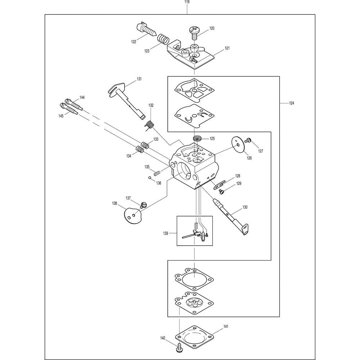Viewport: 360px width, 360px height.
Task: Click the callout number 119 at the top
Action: click(x=187, y=2)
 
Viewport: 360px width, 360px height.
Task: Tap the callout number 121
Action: click(x=227, y=48)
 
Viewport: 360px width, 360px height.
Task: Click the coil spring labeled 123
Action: click(x=163, y=39)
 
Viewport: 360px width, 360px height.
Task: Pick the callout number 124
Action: click(x=291, y=103)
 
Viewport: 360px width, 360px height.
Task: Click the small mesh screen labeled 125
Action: click(x=197, y=139)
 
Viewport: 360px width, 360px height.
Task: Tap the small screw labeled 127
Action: click(x=248, y=140)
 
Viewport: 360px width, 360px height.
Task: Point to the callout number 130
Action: click(x=245, y=207)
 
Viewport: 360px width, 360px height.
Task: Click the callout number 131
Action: click(x=139, y=79)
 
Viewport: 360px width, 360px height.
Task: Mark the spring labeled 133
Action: click(x=144, y=145)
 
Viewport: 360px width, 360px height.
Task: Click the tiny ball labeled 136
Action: click(x=149, y=177)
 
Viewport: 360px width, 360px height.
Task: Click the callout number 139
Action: click(x=165, y=233)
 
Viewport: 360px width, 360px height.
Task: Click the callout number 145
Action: click(x=61, y=116)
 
